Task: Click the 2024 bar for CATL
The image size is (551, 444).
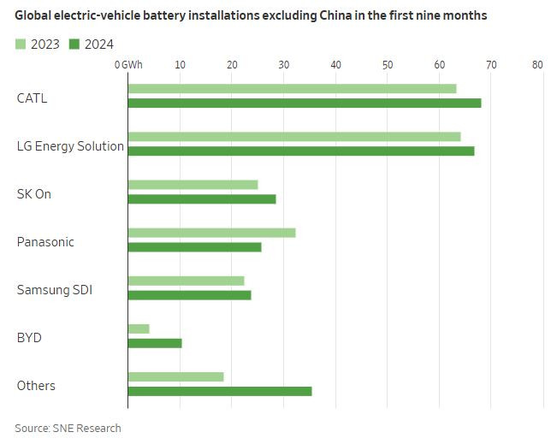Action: (x=304, y=104)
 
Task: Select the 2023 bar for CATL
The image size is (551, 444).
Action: (x=292, y=89)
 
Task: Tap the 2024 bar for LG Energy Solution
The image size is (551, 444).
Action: (x=300, y=151)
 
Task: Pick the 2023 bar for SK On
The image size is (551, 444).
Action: (x=193, y=185)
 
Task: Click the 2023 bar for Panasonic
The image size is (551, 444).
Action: (x=211, y=233)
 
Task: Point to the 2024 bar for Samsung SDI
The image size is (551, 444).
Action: (x=189, y=295)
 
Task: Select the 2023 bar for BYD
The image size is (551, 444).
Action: (x=139, y=329)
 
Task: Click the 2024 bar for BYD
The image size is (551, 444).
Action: (x=155, y=343)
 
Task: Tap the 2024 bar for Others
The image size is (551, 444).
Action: (x=220, y=391)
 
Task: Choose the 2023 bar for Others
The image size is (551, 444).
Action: (x=175, y=376)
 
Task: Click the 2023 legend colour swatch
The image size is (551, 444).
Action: (x=21, y=44)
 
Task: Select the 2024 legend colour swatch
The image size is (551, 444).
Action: (x=74, y=44)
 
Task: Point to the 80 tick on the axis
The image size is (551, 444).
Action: (x=537, y=65)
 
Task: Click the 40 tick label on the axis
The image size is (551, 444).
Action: (x=335, y=65)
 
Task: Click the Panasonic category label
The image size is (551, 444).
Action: (x=45, y=242)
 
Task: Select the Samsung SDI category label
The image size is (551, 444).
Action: (x=55, y=290)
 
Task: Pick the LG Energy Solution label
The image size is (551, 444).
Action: (x=70, y=146)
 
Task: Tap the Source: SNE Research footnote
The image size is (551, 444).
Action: (x=68, y=428)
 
